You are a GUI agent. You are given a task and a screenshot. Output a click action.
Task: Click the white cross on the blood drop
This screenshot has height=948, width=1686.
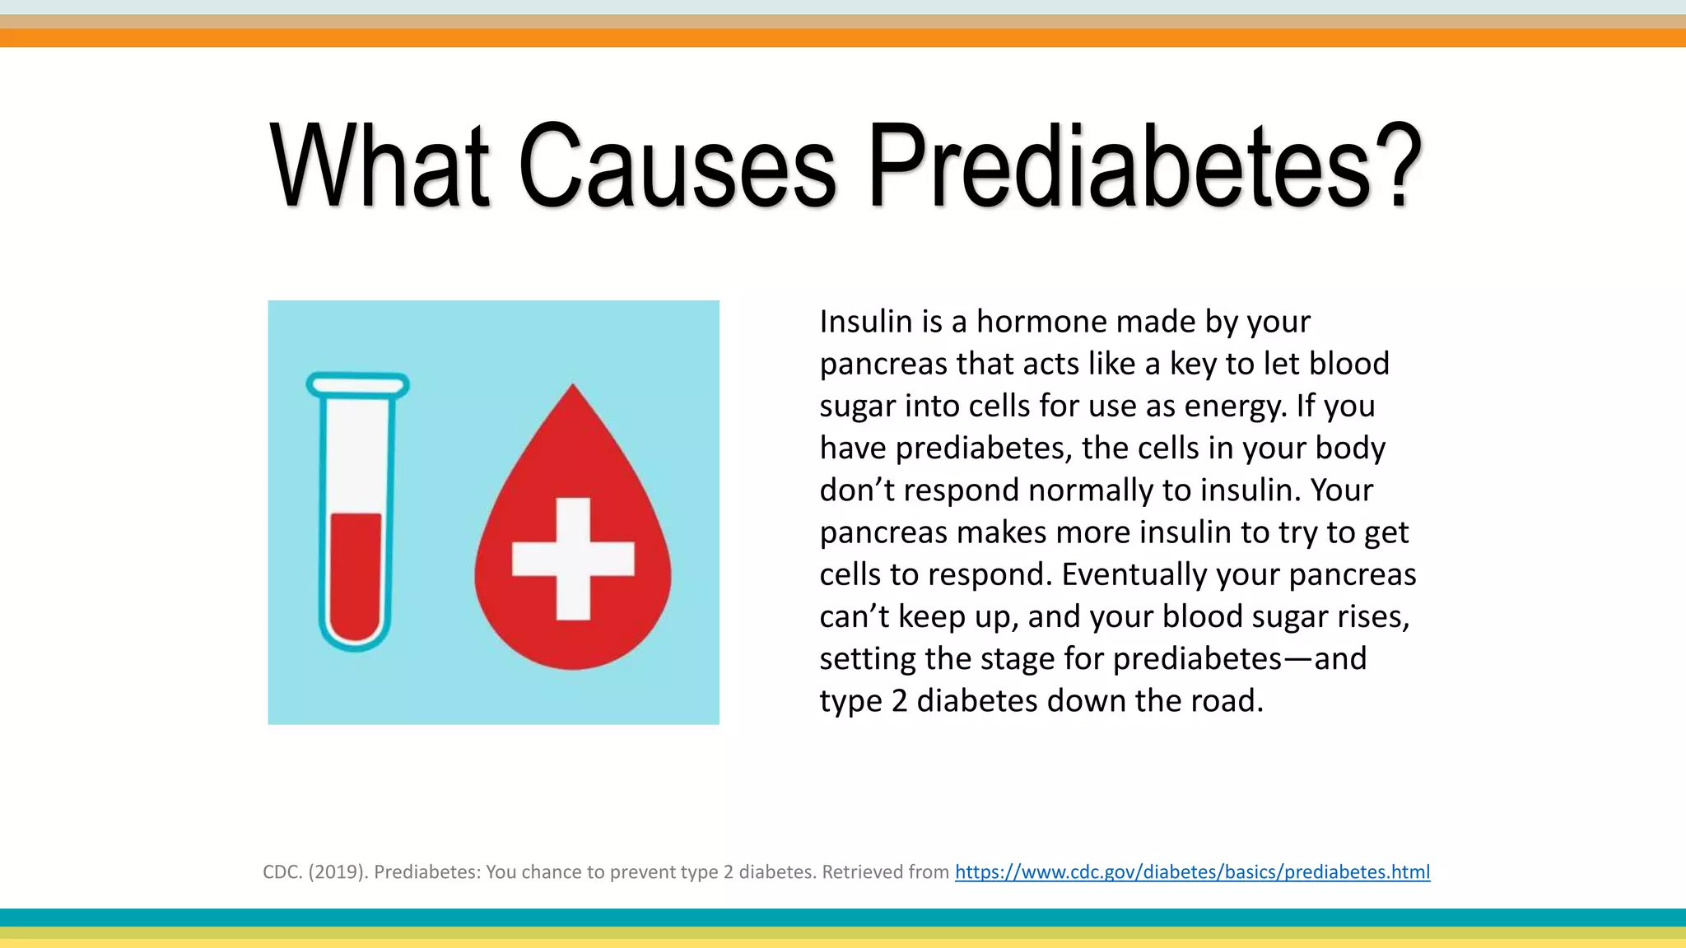click(573, 559)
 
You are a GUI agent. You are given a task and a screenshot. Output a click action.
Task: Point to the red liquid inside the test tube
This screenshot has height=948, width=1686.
click(356, 576)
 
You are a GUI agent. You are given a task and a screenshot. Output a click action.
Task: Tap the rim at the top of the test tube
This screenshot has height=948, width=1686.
click(357, 384)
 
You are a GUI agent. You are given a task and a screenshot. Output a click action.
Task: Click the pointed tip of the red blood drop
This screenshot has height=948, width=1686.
click(573, 388)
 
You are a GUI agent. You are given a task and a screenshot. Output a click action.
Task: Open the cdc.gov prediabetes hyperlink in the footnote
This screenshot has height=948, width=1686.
click(1192, 871)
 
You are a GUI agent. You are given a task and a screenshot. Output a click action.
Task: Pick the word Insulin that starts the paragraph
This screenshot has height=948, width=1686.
click(865, 322)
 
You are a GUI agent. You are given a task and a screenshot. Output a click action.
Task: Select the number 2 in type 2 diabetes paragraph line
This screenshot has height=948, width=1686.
click(899, 701)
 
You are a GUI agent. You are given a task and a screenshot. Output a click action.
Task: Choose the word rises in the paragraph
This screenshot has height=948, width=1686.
click(1373, 616)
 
